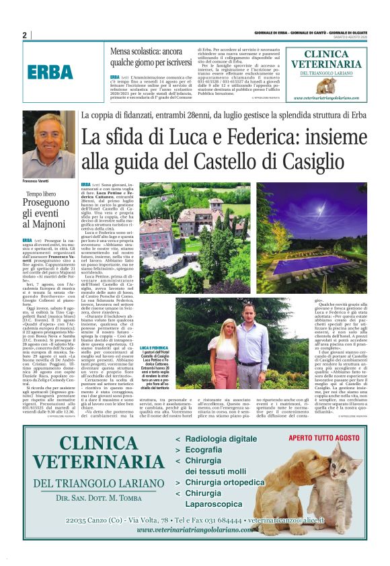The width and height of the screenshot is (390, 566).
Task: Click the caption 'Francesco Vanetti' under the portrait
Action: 38,181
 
